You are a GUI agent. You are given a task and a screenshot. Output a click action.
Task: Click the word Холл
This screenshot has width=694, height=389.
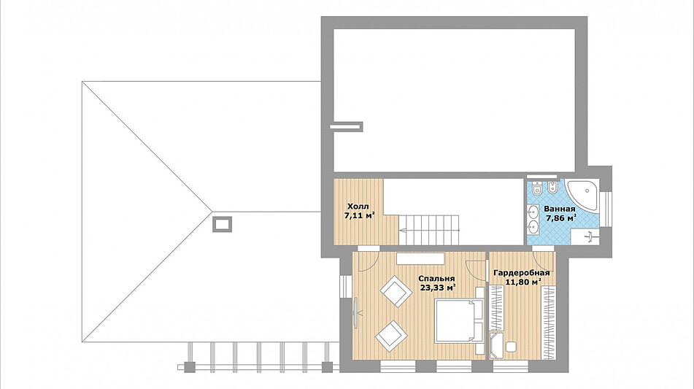(358, 207)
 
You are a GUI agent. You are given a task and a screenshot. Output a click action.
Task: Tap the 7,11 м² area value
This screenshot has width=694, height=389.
(360, 215)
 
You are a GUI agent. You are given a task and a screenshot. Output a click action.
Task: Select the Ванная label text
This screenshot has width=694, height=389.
(560, 209)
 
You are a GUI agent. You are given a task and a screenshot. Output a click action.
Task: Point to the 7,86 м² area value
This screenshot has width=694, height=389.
(561, 217)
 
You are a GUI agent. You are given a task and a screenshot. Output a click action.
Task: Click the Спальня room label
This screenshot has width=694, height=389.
(436, 279)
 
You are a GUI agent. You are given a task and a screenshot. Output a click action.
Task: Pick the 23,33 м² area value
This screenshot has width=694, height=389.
(438, 288)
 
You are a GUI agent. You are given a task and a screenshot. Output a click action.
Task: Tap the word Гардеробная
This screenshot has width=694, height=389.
(521, 273)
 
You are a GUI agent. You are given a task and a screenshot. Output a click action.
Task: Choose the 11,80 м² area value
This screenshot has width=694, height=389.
(523, 282)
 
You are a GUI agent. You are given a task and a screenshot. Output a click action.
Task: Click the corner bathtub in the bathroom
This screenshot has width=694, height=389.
(582, 195)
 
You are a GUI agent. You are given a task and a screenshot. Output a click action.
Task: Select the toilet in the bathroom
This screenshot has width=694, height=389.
(537, 188)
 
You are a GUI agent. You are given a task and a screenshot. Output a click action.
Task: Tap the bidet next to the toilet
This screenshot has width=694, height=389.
(552, 188)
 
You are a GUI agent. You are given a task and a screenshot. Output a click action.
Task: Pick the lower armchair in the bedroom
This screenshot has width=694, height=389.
(391, 336)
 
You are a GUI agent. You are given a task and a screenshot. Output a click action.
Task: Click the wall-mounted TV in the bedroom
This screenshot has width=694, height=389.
(355, 312)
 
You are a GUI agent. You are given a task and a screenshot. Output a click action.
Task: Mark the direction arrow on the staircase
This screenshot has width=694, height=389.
(407, 230)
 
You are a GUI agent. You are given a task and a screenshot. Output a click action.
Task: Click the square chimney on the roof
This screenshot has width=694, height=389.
(222, 224)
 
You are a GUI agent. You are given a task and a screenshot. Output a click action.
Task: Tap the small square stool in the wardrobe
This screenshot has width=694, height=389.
(511, 347)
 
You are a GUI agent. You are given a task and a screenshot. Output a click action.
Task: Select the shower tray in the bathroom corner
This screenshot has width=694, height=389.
(585, 236)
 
